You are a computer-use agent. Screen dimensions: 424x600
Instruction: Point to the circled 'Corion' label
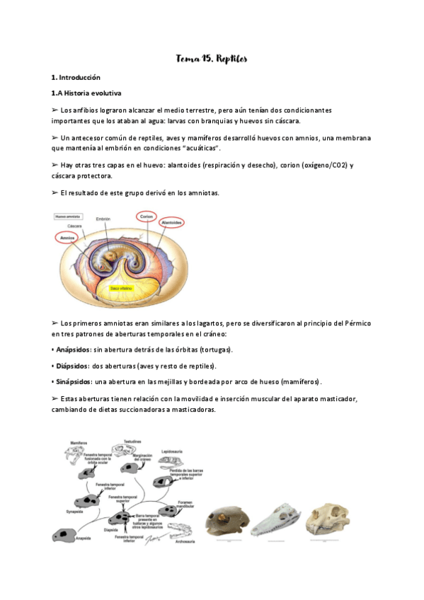[147, 216]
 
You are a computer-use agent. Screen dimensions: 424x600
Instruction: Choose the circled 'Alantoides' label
[171, 223]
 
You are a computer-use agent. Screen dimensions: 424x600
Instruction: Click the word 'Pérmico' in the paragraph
[355, 323]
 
